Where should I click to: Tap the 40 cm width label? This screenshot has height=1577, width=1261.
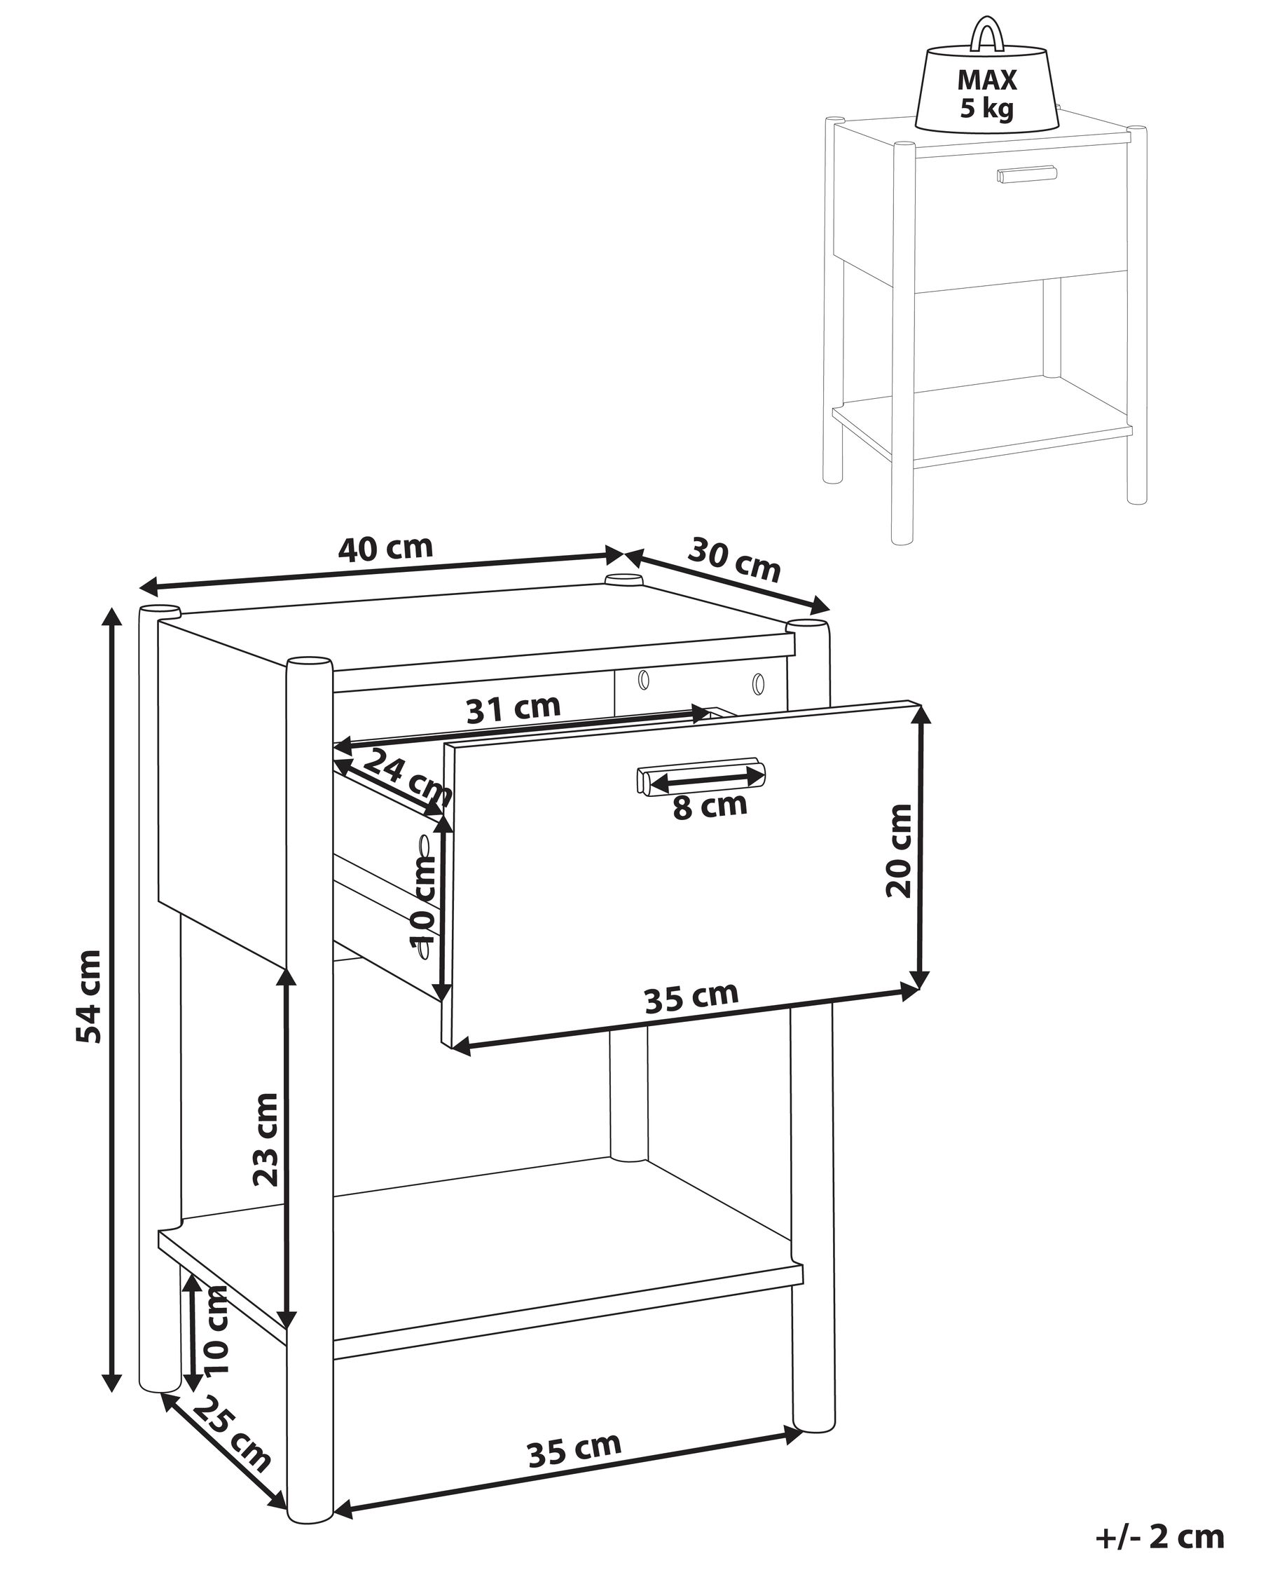385,548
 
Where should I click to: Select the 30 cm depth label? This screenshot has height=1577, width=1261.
734,559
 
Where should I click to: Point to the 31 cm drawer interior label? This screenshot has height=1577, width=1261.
514,708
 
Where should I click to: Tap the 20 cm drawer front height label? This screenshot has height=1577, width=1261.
898,850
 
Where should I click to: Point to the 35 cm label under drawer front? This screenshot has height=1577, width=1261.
691,997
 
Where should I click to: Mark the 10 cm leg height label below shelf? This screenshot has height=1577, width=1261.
216,1331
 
